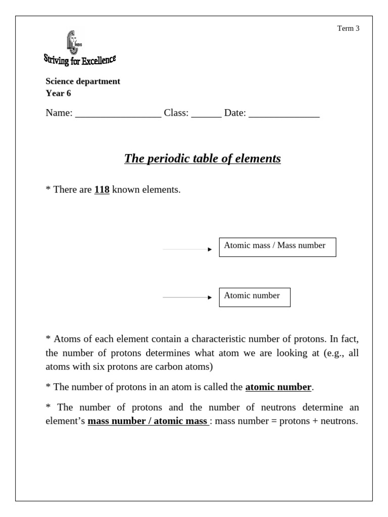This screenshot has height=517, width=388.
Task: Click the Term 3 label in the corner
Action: click(348, 28)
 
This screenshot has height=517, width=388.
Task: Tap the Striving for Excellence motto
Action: click(80, 61)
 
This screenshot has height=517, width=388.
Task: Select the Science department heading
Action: click(83, 81)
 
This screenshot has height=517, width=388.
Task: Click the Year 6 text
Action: click(58, 93)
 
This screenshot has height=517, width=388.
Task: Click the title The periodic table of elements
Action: click(202, 159)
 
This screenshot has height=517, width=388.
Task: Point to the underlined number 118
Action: click(102, 190)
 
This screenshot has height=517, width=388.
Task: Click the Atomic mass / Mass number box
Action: click(277, 247)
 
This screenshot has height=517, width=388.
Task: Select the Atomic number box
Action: click(255, 297)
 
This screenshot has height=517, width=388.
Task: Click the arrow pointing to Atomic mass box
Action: click(187, 249)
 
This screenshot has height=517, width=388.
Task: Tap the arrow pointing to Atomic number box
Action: click(187, 298)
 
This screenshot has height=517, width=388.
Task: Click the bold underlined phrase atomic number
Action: click(278, 387)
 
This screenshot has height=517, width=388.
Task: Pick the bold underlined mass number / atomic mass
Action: click(148, 421)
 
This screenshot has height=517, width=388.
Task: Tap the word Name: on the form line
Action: click(59, 113)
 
